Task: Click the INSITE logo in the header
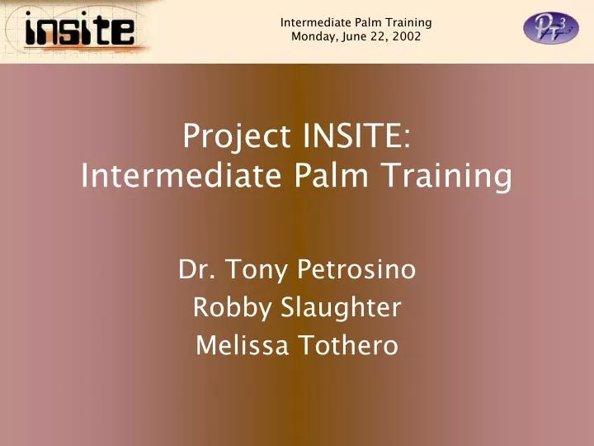pyautogui.click(x=79, y=31)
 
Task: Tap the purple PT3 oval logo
pyautogui.click(x=551, y=29)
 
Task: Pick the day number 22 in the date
pyautogui.click(x=379, y=36)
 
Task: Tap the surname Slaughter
pyautogui.click(x=341, y=307)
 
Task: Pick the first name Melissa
pyautogui.click(x=242, y=345)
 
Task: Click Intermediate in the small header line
pyautogui.click(x=312, y=22)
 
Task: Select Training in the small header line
pyautogui.click(x=408, y=22)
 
